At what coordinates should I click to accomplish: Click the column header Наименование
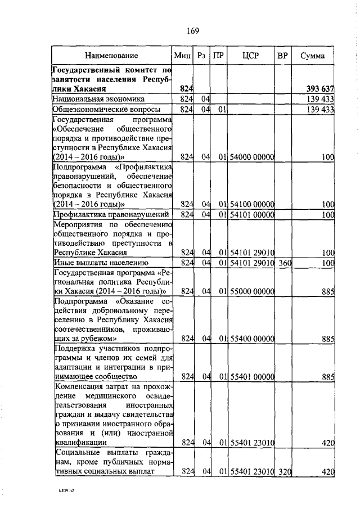pos(111,56)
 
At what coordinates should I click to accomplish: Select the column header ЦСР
pos(250,56)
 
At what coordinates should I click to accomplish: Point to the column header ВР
pos(283,56)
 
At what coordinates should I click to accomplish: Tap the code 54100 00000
pos(251,204)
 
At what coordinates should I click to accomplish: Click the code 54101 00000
pos(251,214)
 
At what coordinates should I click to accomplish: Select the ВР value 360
pos(283,263)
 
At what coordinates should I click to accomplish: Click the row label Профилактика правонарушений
pos(111,214)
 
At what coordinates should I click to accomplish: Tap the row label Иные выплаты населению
pos(100,263)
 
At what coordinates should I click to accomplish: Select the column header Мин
pos(183,56)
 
